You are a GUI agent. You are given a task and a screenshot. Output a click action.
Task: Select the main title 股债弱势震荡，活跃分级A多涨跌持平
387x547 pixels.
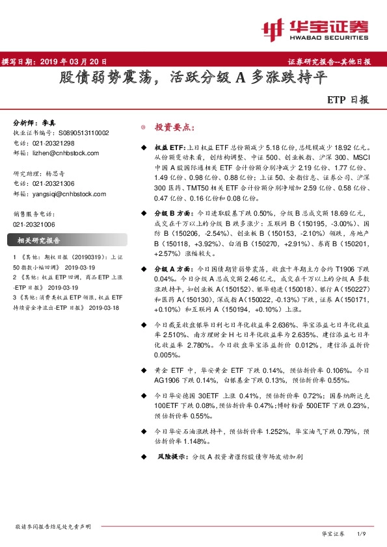[193, 79]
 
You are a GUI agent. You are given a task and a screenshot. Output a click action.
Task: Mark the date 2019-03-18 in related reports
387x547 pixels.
[103, 307]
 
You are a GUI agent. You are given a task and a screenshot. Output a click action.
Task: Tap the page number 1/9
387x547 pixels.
[362, 533]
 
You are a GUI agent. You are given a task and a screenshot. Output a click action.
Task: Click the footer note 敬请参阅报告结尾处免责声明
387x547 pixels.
[52, 526]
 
